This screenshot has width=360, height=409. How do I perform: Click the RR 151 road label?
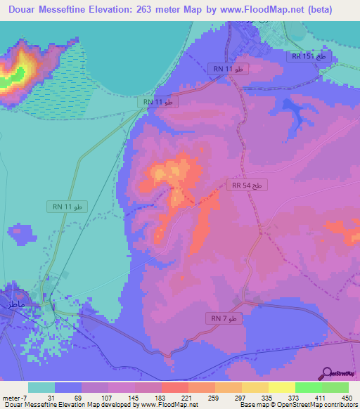[309, 56]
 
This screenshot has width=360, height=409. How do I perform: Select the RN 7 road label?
[225, 318]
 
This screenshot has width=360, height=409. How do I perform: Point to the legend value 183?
[161, 397]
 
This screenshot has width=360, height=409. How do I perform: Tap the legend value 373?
[295, 397]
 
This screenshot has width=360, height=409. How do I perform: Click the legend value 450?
[346, 397]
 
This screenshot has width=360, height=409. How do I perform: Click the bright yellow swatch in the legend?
[281, 387]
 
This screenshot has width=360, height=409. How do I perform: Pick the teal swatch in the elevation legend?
[41, 387]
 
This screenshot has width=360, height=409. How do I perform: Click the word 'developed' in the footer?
[122, 405]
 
